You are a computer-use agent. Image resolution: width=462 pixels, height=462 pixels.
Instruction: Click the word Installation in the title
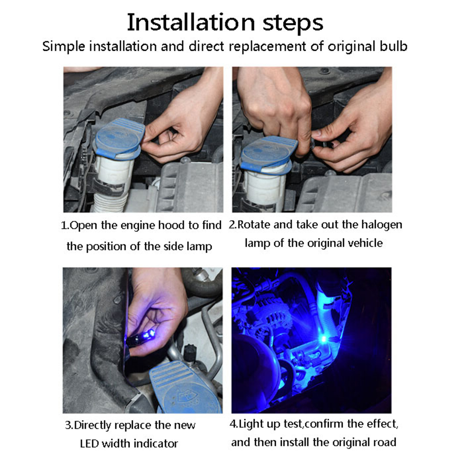tap(190, 23)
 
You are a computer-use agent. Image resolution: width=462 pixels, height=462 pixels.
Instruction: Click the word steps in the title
tap(293, 24)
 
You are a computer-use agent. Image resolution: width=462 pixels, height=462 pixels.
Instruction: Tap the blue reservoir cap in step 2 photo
tap(269, 154)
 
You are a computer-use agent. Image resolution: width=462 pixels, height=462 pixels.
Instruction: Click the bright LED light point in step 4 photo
tap(324, 339)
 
